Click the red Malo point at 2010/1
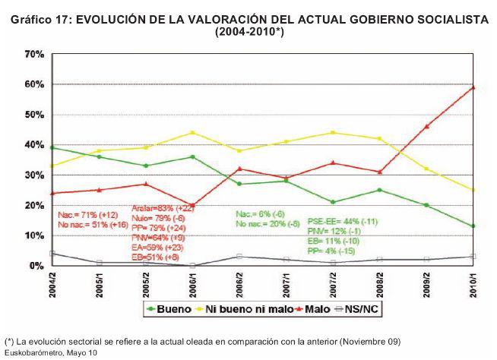[x=473, y=87]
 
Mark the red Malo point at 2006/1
[x=192, y=206]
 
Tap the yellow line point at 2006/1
[x=192, y=133]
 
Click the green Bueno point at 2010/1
[x=473, y=226]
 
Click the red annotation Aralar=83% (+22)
[x=164, y=207]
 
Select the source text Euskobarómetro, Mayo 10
[x=51, y=352]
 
